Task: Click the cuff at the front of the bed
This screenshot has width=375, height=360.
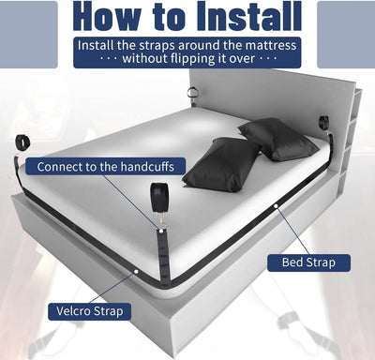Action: click(x=156, y=201)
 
